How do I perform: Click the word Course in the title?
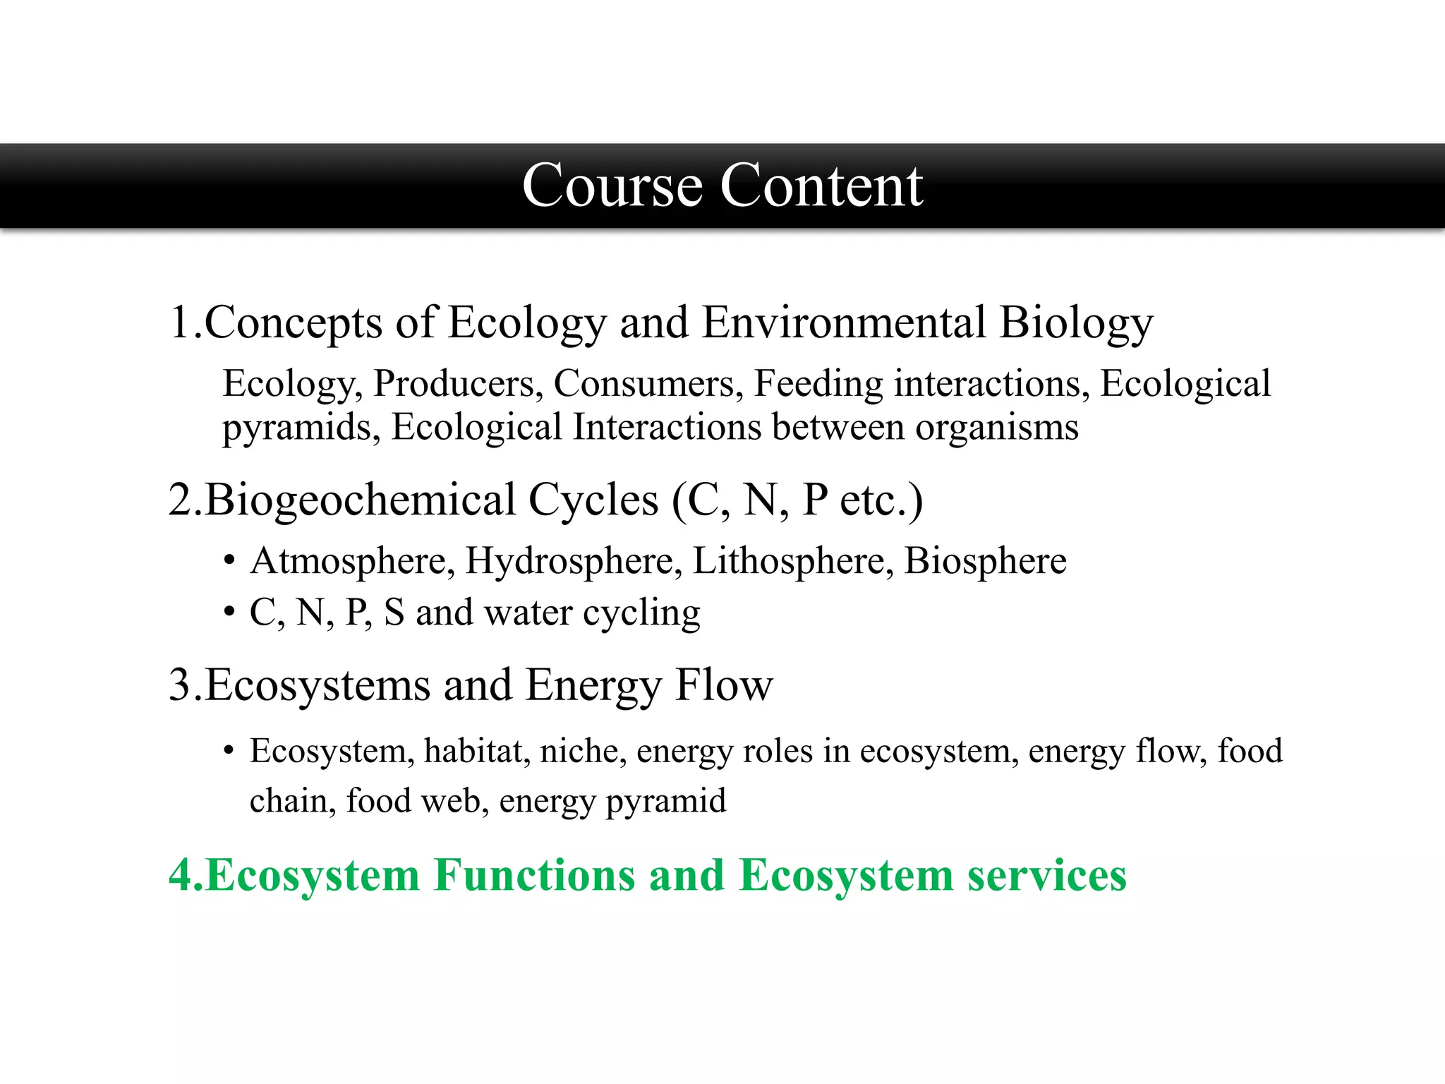coord(612,186)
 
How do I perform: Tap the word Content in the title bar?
coord(821,186)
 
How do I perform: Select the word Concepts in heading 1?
coord(294,323)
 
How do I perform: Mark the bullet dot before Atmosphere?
coord(229,562)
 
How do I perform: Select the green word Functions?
coord(534,875)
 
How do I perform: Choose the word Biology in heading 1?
coord(1076,323)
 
